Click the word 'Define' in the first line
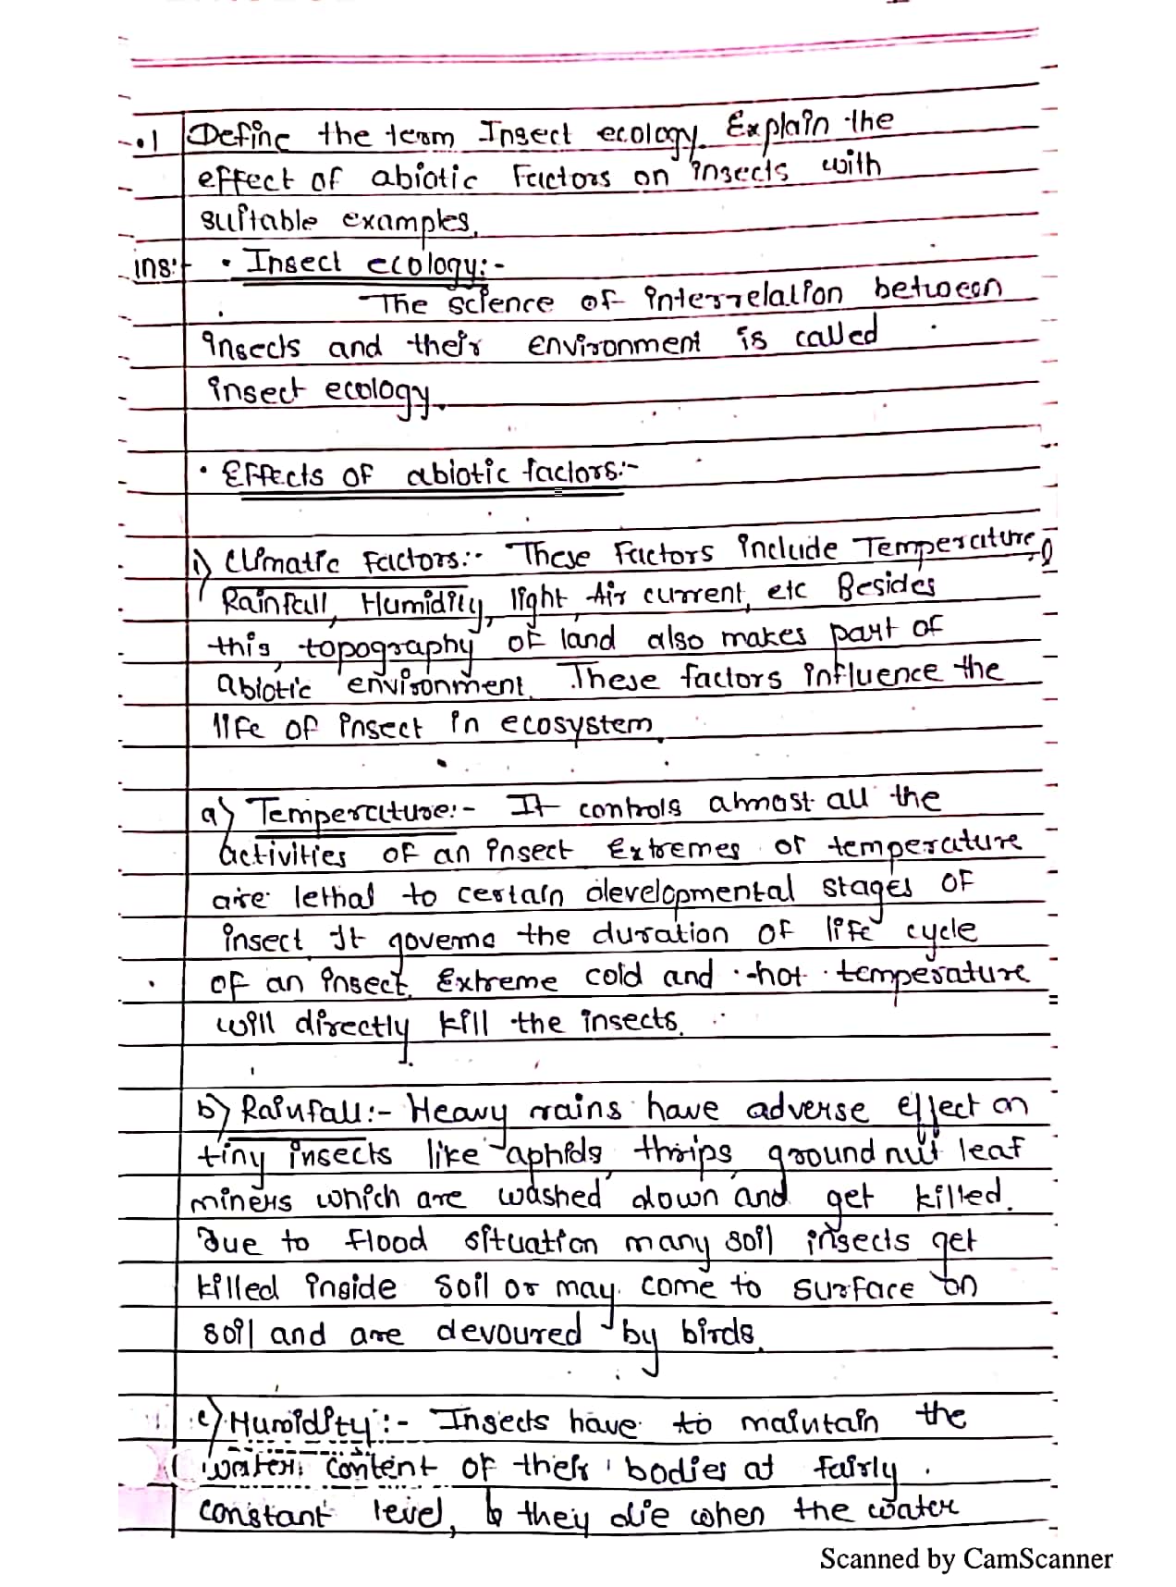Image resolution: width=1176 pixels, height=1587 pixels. (x=239, y=139)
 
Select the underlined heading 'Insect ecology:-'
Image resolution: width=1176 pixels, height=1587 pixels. (x=365, y=264)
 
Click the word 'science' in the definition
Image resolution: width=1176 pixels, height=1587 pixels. (x=501, y=303)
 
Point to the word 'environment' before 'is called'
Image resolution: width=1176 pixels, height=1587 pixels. (x=613, y=346)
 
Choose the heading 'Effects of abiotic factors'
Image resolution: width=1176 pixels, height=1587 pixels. (x=430, y=475)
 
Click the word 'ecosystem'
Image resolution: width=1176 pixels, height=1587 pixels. (x=575, y=724)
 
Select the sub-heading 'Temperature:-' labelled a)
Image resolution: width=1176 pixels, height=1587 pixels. (x=355, y=812)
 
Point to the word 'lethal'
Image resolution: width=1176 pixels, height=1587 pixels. (x=334, y=896)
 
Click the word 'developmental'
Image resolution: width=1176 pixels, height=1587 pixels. (x=690, y=892)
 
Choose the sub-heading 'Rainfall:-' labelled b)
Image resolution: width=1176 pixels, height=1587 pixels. (x=310, y=1108)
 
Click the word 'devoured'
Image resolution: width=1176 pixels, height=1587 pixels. (x=508, y=1333)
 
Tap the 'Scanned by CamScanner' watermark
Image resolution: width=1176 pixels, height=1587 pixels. (x=965, y=1559)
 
